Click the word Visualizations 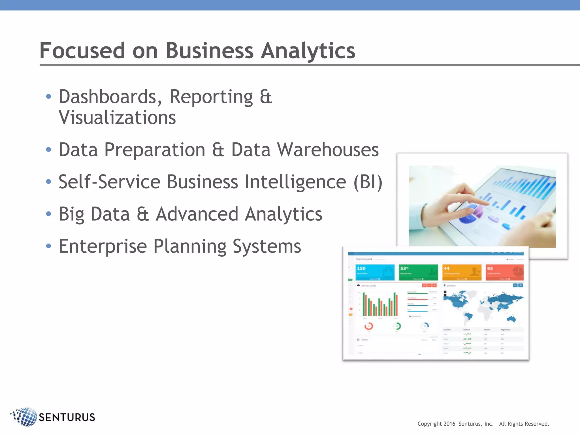(x=117, y=118)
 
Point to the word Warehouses (x=328, y=150)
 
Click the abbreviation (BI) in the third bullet (x=368, y=182)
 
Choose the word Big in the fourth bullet (x=71, y=214)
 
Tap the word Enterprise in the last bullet (x=103, y=246)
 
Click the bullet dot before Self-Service (x=49, y=182)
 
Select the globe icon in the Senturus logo (x=25, y=417)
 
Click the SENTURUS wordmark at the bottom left (x=67, y=417)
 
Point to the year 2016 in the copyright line (x=449, y=424)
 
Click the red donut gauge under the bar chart (x=368, y=326)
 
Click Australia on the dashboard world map (x=511, y=319)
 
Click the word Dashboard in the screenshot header (x=364, y=259)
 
